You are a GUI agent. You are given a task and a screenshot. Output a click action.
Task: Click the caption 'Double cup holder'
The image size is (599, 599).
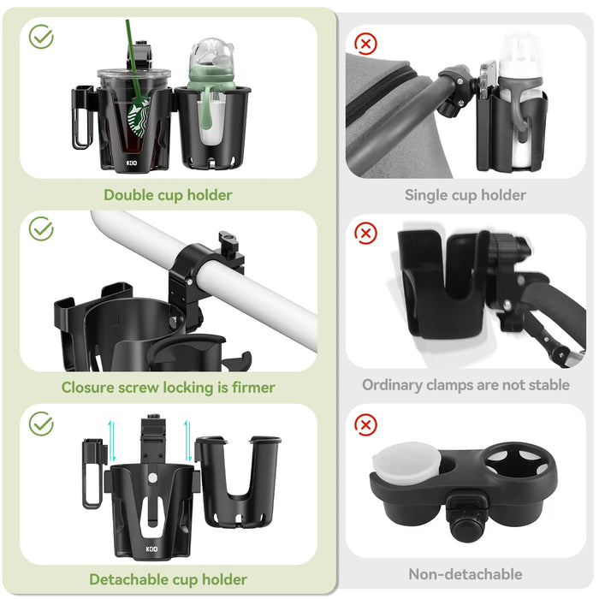[168, 195]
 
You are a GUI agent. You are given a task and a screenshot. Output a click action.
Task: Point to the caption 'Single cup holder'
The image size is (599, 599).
[466, 195]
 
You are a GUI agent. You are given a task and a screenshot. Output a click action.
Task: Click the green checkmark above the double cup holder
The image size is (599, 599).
[41, 37]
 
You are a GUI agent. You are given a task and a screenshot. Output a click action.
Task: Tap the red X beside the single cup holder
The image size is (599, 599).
[366, 43]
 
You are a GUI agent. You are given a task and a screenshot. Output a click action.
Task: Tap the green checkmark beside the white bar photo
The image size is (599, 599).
[41, 228]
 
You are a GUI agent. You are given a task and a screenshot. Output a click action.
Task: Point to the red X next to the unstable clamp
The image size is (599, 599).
[366, 233]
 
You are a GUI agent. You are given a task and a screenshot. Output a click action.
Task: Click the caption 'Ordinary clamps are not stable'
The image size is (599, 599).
[466, 385]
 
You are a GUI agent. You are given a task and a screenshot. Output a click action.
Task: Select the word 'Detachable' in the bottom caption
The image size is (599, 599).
[128, 580]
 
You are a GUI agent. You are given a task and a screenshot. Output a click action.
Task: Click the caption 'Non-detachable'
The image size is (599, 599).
[466, 574]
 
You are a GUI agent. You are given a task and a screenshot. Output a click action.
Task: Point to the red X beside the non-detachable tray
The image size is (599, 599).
[366, 424]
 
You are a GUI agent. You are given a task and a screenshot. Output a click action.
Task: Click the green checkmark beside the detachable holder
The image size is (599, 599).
[41, 424]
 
